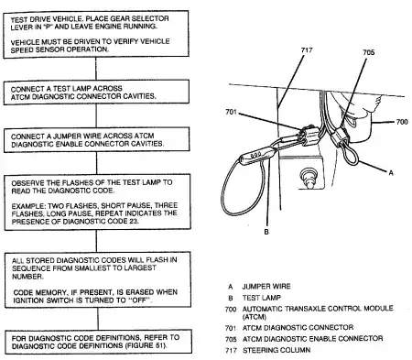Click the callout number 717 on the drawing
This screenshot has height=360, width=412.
(307, 50)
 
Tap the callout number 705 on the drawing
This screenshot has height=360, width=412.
(368, 52)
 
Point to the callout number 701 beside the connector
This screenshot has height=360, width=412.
(231, 112)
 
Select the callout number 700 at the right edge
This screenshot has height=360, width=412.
(402, 122)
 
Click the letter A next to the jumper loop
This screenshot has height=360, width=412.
(391, 173)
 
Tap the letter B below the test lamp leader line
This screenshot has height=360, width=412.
(266, 232)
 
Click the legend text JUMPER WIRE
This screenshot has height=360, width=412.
(266, 287)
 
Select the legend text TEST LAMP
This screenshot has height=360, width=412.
(262, 298)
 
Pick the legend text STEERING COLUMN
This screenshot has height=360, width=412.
(276, 350)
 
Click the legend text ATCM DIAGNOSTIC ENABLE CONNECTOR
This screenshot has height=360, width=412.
(312, 339)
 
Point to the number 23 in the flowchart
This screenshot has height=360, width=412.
(134, 221)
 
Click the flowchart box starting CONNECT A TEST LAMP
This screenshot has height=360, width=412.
(96, 93)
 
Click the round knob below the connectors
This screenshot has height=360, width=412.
(309, 178)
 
